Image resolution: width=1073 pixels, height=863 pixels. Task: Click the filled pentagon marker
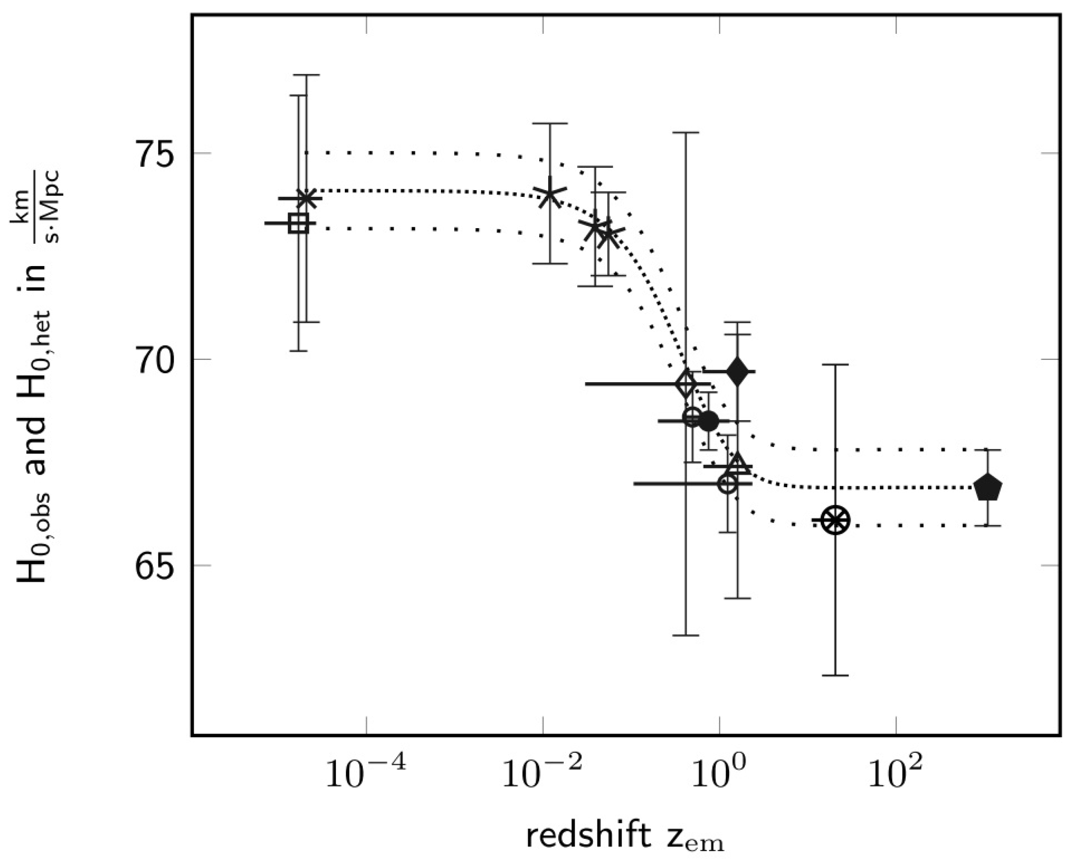[x=987, y=488]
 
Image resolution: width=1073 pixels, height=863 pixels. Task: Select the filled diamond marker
[x=737, y=371]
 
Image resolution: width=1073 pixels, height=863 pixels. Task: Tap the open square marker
[x=298, y=223]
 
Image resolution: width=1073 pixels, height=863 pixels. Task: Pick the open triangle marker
[x=737, y=463]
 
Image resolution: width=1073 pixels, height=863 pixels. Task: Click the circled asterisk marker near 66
[x=834, y=520]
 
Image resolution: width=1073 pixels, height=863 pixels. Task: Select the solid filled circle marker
[x=708, y=421]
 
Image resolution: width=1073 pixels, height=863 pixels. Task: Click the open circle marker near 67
[x=728, y=483]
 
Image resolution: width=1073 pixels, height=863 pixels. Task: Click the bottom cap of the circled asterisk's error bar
[x=834, y=675]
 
